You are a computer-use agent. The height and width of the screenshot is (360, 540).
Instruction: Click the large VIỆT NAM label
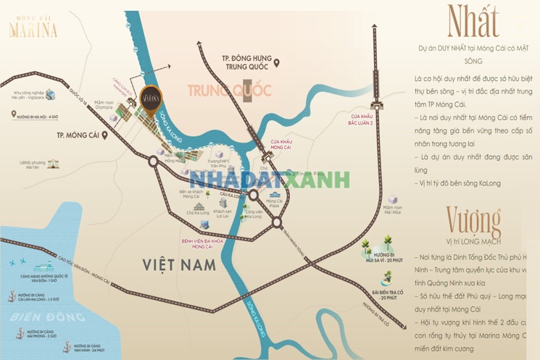[x=180, y=265]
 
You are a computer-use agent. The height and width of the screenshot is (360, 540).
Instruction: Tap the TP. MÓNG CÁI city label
[x=71, y=135]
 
